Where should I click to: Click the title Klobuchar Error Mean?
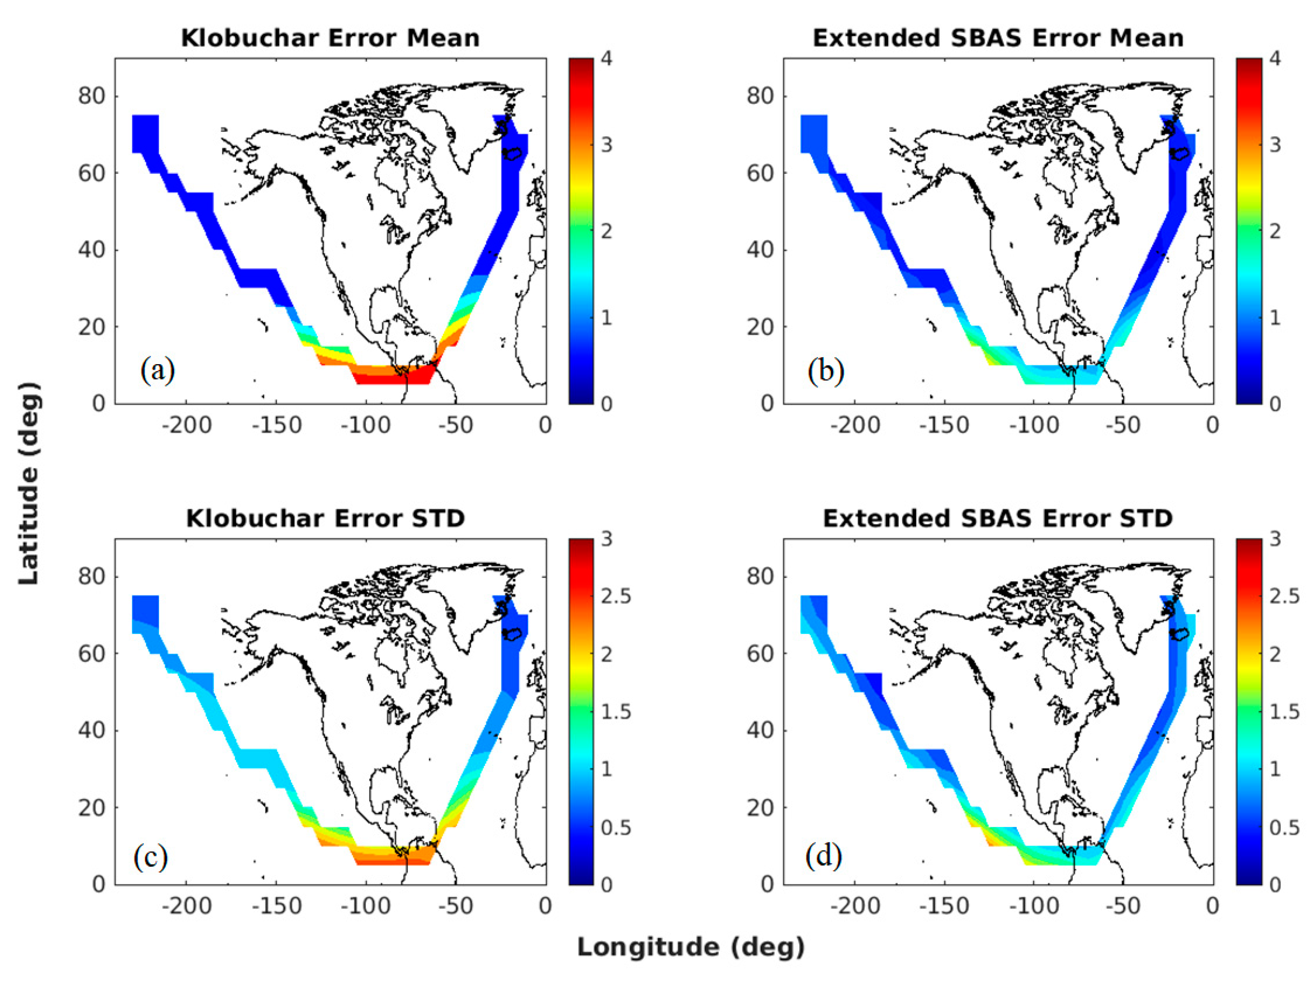(x=330, y=38)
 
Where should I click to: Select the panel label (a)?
(x=158, y=371)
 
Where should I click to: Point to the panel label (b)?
(x=826, y=371)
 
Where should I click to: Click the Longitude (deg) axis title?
(x=690, y=947)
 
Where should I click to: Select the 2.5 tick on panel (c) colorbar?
(x=616, y=596)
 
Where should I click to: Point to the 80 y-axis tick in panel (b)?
(x=760, y=96)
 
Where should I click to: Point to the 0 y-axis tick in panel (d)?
(x=767, y=884)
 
